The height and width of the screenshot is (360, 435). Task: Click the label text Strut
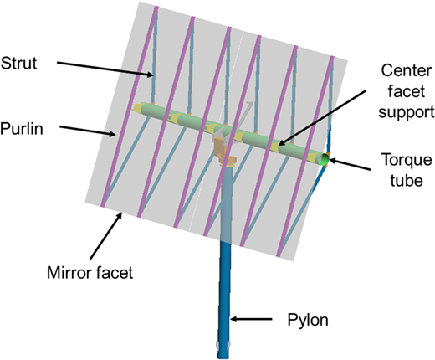click(x=18, y=64)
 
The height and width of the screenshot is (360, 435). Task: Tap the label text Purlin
click(x=22, y=129)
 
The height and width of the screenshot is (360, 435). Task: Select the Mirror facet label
click(x=90, y=273)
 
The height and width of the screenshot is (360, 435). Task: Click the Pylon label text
click(x=308, y=320)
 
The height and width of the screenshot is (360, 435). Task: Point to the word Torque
click(x=407, y=160)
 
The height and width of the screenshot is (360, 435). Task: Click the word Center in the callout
click(x=407, y=70)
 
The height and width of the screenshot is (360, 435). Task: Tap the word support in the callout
click(x=407, y=112)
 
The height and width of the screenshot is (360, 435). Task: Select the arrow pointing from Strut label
click(x=105, y=69)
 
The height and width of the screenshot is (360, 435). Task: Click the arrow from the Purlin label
click(x=88, y=131)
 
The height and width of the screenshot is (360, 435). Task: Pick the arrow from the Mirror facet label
click(x=106, y=236)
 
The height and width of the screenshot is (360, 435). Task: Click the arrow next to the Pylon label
click(x=251, y=319)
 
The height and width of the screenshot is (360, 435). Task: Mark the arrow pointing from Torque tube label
click(x=350, y=164)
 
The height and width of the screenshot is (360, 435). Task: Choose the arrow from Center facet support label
click(x=321, y=118)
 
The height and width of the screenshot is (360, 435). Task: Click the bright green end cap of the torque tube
click(x=325, y=159)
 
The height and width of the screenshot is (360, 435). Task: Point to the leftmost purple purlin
click(x=130, y=106)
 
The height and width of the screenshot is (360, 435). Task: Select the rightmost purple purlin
click(x=305, y=157)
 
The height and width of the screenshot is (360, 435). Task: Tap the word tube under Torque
click(x=407, y=181)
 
